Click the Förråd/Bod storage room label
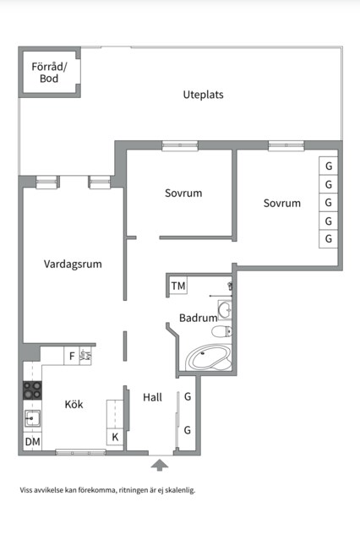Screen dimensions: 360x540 (49, 73)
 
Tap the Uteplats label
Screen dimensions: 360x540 (203, 95)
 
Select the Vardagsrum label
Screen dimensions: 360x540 (73, 265)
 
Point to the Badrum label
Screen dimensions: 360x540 (198, 318)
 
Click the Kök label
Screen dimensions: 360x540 (74, 404)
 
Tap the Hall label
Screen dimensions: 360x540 (152, 397)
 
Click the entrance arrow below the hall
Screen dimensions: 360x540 (160, 465)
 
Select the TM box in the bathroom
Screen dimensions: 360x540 (178, 286)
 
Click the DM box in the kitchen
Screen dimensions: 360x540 (32, 441)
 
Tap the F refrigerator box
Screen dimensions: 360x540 (72, 356)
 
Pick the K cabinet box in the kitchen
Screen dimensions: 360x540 (115, 437)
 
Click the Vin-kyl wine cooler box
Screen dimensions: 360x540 (85, 356)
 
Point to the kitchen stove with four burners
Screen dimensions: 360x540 (32, 390)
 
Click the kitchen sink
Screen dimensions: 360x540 (32, 418)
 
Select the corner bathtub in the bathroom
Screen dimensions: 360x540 (209, 357)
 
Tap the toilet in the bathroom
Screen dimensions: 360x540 (221, 331)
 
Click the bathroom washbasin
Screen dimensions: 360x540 (225, 309)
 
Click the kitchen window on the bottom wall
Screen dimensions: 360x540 (80, 452)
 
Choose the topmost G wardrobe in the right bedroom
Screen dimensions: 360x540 (328, 166)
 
